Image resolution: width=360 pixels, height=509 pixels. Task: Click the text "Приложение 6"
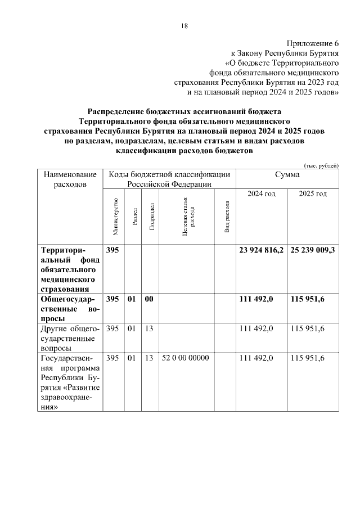pos(313,43)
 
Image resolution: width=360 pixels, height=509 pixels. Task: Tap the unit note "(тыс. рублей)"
pos(321,165)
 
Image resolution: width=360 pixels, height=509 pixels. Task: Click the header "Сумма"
pos(287,175)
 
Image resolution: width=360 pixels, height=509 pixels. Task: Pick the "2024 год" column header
pos(262,193)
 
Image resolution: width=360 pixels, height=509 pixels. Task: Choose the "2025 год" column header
pos(313,193)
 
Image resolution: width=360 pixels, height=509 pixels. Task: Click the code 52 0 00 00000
pos(185,358)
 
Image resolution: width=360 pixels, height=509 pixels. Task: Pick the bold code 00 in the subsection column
pos(149,300)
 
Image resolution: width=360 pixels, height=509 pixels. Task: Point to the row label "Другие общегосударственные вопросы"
pos(67,338)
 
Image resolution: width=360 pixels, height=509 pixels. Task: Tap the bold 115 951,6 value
pos(308,300)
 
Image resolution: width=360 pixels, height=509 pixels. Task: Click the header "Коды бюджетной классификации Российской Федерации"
pos(169,179)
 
